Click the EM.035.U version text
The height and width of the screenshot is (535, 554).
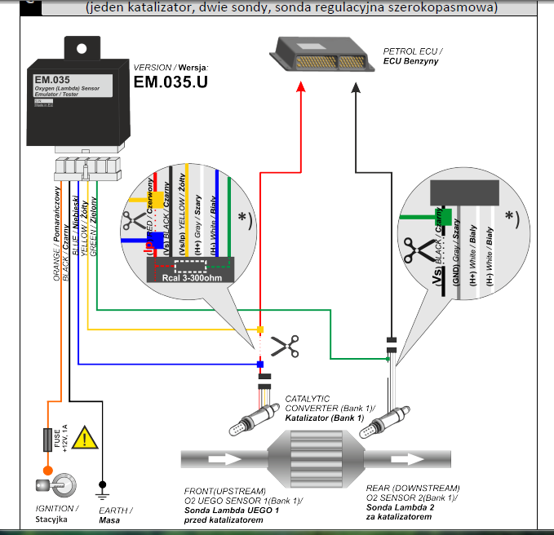pos(170,82)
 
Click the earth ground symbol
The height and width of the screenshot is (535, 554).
pos(101,493)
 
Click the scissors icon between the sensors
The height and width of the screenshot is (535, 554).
pos(284,347)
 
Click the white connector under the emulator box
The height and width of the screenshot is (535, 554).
pos(85,169)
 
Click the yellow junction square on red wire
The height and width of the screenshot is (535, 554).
pos(260,329)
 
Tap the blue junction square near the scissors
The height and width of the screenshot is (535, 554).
pos(260,364)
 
